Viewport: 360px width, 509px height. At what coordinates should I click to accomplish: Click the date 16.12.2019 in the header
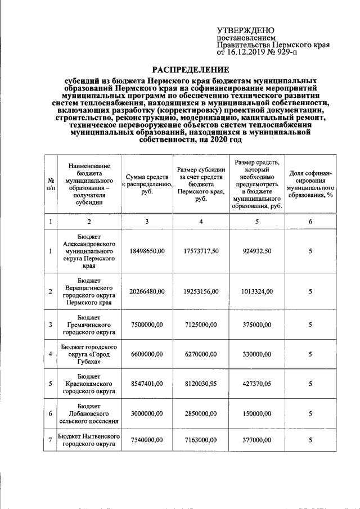coord(249,52)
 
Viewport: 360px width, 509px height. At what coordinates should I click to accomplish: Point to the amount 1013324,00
coord(256,291)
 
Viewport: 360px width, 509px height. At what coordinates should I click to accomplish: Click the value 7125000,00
coord(201,325)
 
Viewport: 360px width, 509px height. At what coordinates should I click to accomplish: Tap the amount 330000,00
coord(256,354)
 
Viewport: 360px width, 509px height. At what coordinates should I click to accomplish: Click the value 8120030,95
coord(201,384)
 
